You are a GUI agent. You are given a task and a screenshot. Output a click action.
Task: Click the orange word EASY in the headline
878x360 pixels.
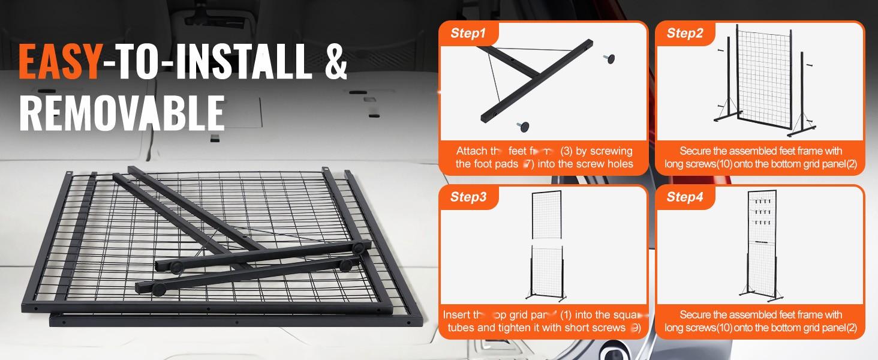point(59,62)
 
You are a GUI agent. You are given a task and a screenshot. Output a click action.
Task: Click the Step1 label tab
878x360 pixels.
point(468,34)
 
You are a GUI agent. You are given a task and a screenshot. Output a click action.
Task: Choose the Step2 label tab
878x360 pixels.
point(684,34)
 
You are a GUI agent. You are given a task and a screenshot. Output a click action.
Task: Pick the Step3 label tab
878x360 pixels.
point(468,197)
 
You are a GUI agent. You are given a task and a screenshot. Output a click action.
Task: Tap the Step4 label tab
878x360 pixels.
point(684,197)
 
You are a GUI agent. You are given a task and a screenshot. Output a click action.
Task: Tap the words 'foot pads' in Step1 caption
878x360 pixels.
point(492,164)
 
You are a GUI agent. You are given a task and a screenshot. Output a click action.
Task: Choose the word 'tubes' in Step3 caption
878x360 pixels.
point(462,328)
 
